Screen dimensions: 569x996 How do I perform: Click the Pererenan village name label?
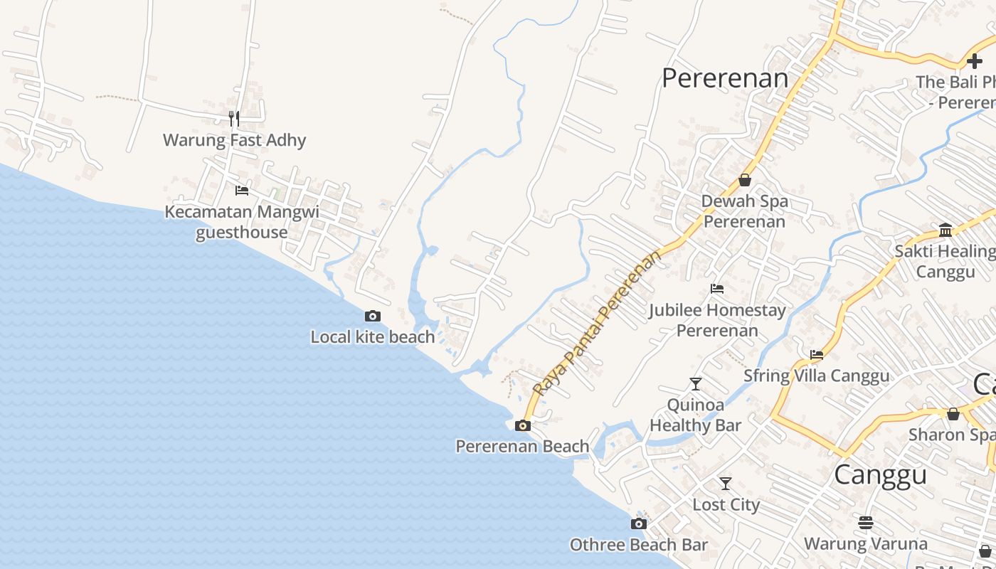[725, 78]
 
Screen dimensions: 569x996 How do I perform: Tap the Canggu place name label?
[880, 474]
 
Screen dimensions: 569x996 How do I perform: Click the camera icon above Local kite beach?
[372, 317]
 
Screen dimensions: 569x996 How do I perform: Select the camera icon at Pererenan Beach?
[523, 426]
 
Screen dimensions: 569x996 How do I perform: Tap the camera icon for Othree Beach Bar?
[639, 524]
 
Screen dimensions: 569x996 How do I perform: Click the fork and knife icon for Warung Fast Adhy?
[234, 118]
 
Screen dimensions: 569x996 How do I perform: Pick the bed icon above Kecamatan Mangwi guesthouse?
[242, 191]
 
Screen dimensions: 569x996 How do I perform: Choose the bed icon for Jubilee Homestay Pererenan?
[717, 289]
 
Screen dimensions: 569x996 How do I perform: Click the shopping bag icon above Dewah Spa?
[744, 180]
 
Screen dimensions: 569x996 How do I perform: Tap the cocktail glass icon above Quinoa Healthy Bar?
[696, 384]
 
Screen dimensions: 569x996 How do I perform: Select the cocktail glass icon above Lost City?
[726, 484]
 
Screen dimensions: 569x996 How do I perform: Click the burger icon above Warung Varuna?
[865, 523]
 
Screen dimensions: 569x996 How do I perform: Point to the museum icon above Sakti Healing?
[945, 230]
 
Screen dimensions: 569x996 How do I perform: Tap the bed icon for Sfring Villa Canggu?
[817, 354]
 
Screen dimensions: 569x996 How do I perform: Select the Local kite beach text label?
[372, 337]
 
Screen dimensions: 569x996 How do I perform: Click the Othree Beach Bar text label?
[638, 546]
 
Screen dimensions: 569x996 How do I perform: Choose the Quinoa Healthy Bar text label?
[695, 415]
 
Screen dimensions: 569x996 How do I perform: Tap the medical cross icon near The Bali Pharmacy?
[975, 62]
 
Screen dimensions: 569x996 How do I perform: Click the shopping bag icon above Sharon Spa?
[953, 414]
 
